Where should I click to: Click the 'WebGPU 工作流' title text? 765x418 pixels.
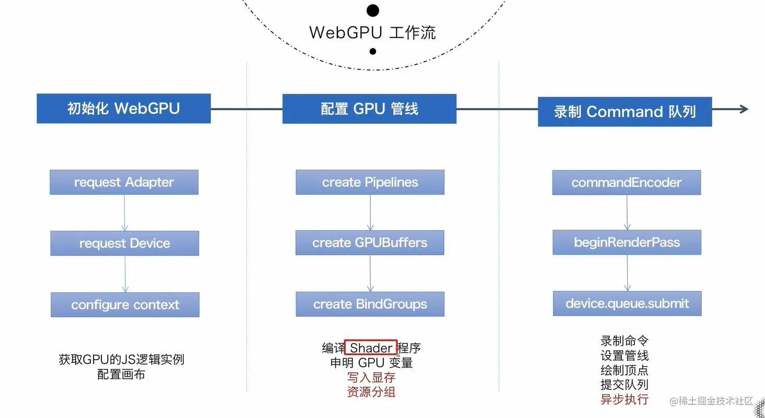point(372,32)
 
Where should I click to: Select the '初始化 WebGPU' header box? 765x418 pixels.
point(124,109)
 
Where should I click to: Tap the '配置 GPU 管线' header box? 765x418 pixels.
point(369,109)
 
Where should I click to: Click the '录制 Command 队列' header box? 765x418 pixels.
point(625,112)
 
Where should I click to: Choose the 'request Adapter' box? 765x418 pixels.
point(124,182)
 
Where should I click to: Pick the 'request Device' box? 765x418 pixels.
point(124,243)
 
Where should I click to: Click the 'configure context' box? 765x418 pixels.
point(125,305)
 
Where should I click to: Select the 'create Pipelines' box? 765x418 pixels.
point(370,182)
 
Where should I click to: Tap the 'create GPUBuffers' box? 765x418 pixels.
point(370,243)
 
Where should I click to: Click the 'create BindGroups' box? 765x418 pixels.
point(370,304)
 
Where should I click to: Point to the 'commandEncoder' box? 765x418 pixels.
point(626,183)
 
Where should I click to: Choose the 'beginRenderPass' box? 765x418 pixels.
point(627,242)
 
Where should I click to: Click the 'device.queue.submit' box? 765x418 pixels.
point(627,303)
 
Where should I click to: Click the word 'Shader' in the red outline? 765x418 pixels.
point(371,348)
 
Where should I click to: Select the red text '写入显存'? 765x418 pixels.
point(371,377)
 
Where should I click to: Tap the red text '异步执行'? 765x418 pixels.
point(625,400)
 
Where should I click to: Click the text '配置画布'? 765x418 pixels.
point(121,375)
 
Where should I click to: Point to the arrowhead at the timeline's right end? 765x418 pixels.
point(744,109)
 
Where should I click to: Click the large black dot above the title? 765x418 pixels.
point(372,10)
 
